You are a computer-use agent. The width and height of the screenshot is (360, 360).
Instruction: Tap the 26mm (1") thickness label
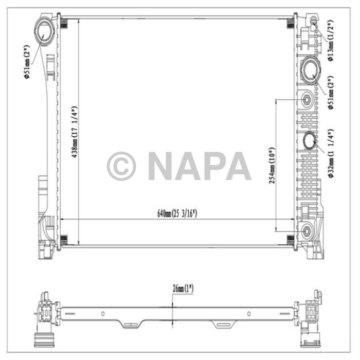click(183, 289)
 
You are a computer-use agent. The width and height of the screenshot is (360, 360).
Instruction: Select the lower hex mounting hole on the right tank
click(307, 231)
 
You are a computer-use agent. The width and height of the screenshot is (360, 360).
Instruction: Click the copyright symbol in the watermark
click(121, 166)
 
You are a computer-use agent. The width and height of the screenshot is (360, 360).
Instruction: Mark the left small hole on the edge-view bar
click(102, 313)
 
